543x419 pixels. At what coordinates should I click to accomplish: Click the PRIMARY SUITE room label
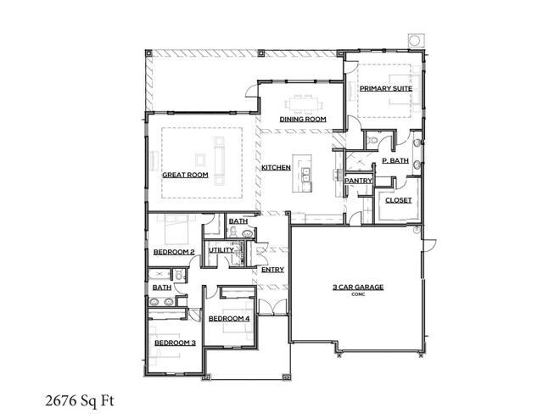click(x=386, y=88)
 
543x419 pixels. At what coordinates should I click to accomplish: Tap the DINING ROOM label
click(x=303, y=120)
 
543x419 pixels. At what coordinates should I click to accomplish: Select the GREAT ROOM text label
click(x=185, y=175)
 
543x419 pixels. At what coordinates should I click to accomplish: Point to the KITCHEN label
click(x=276, y=168)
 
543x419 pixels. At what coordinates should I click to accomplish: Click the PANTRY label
click(x=357, y=181)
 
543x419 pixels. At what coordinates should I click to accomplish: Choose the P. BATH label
click(x=395, y=160)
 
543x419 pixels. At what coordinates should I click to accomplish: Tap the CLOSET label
click(x=399, y=200)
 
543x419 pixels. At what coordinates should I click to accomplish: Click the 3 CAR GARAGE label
click(x=357, y=288)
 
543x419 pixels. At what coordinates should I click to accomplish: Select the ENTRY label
click(x=272, y=270)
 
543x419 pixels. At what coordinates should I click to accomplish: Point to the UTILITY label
click(x=221, y=250)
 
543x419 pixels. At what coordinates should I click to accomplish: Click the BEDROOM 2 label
click(x=174, y=252)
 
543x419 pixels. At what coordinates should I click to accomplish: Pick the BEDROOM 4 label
click(x=229, y=318)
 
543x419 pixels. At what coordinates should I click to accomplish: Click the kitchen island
click(x=305, y=168)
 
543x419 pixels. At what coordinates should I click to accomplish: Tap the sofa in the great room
click(x=220, y=161)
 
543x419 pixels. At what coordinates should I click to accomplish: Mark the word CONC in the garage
click(x=357, y=295)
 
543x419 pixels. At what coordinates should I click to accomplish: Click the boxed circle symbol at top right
click(x=415, y=40)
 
